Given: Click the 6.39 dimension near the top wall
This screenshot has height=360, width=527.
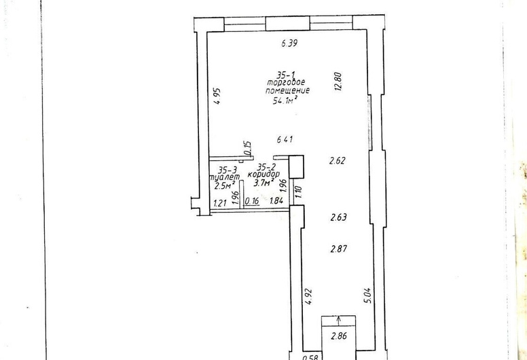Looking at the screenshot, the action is pos(290,43).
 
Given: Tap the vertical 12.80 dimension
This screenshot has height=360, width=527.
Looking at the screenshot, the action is pos(338,82).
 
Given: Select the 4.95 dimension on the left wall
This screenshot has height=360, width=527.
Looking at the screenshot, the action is pos(217,96).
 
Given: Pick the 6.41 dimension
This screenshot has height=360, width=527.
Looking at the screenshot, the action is pos(285,139).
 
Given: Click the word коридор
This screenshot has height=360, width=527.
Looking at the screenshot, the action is pos(263,175).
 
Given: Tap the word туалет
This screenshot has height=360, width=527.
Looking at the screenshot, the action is pos(225,177).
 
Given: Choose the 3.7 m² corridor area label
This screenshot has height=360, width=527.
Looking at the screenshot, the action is pos(264,183).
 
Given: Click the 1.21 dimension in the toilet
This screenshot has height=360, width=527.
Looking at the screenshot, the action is pos(220,202).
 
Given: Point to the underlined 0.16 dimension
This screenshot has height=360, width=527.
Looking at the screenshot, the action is pos(252,201).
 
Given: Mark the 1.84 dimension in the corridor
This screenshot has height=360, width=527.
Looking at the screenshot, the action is pos(277,200).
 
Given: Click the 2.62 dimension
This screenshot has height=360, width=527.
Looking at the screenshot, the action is pos(337,161).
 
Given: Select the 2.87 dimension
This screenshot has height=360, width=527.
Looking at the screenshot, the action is pos(339,249).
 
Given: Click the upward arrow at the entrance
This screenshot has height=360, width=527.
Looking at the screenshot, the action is pos(338,321).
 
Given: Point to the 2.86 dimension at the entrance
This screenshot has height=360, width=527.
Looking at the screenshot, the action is pos(339,336).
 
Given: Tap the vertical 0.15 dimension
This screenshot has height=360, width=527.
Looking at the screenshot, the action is pos(248,148).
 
